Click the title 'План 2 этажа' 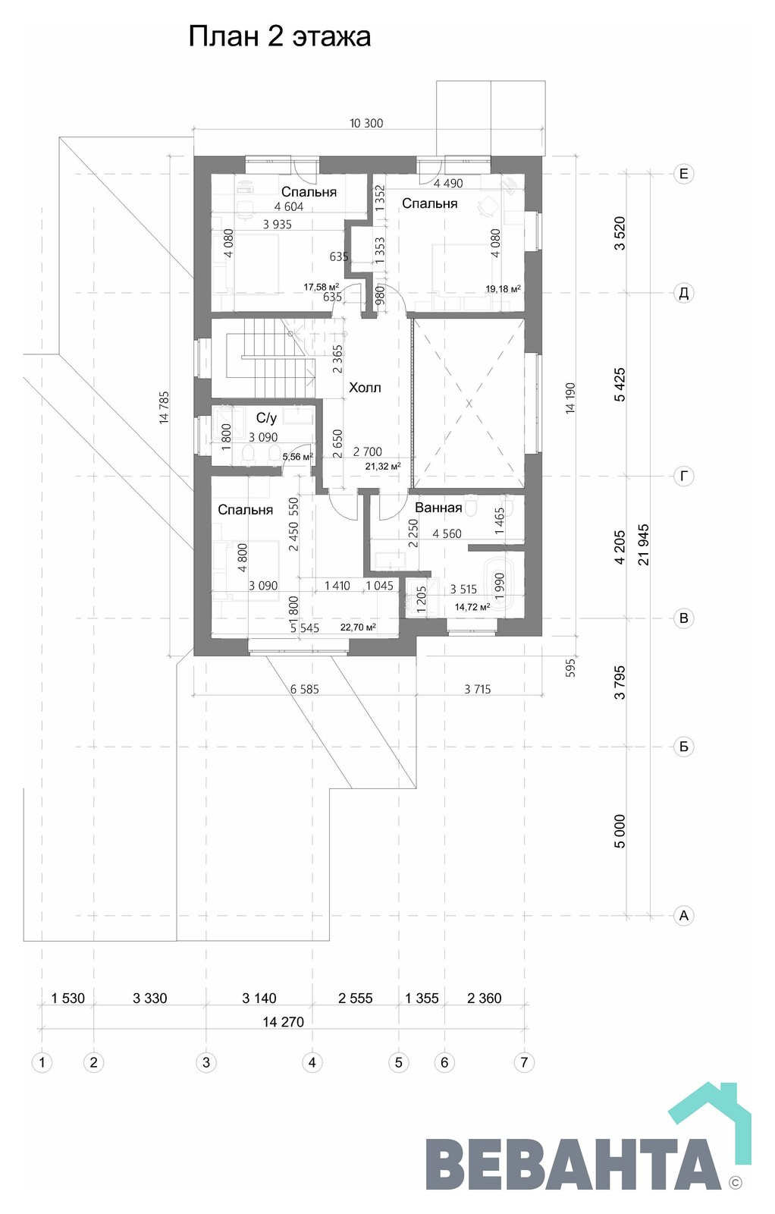click(x=280, y=37)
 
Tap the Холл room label click(x=365, y=388)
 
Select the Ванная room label click(x=438, y=508)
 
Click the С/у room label click(x=266, y=418)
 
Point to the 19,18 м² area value click(x=503, y=289)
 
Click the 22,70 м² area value click(x=358, y=627)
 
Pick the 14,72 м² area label click(x=472, y=607)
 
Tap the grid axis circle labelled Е click(x=683, y=174)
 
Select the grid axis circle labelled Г click(x=683, y=476)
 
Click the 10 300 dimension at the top click(x=366, y=123)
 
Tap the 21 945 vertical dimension click(x=643, y=545)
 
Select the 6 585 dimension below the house click(x=304, y=690)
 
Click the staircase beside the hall click(x=271, y=357)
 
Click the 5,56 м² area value click(x=298, y=457)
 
